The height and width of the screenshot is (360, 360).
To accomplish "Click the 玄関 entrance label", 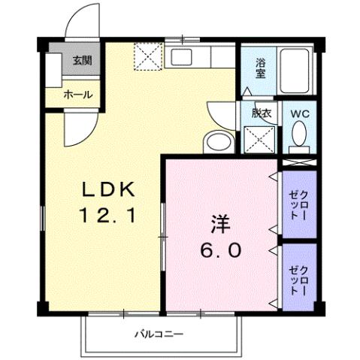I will pos(81,61).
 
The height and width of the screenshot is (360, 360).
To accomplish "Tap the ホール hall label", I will pos(78,95).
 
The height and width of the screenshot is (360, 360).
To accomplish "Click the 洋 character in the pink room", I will pos(219,223).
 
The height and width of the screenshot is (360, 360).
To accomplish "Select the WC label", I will pos(300,113).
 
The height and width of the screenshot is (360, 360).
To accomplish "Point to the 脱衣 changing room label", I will pos(262,114).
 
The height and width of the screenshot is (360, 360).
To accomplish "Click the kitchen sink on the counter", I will pos(182,56).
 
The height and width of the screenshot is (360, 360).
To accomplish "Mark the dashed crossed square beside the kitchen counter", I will pos(148,55).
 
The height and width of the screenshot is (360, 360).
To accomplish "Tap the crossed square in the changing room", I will pos(261,140).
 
